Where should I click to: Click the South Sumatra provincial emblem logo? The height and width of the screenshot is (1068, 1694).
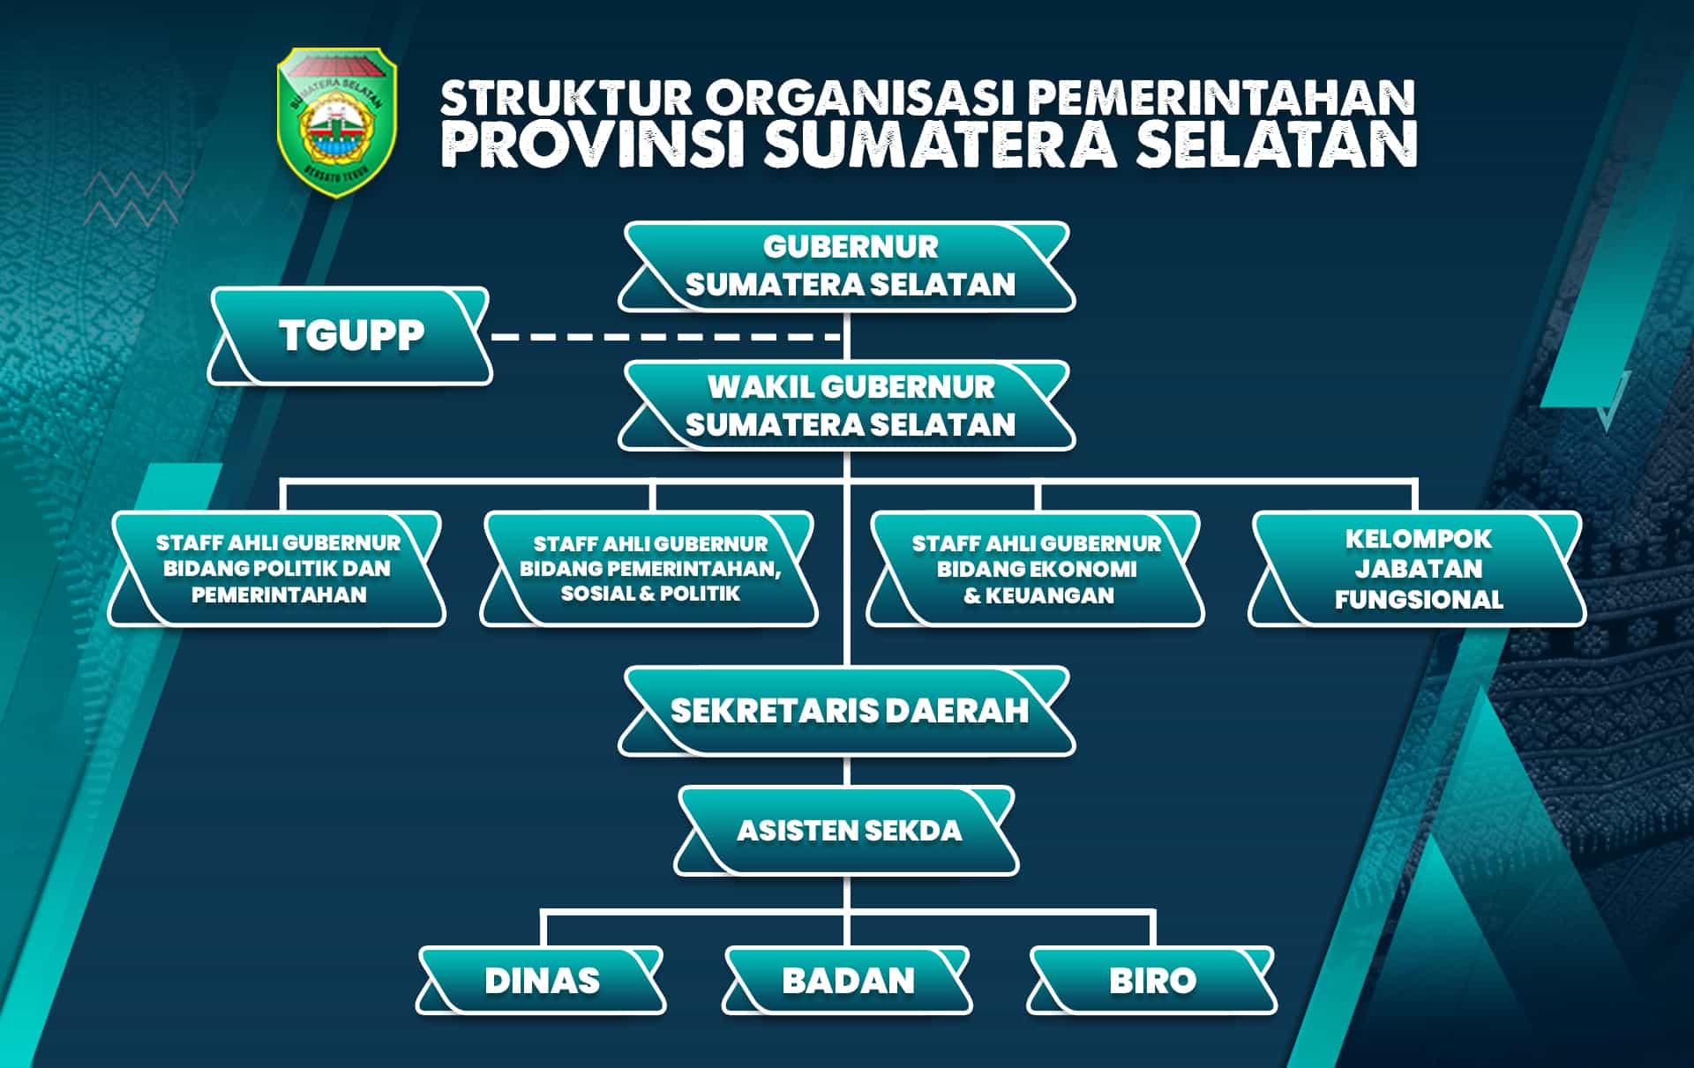click(337, 122)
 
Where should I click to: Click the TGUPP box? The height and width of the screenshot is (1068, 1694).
click(349, 336)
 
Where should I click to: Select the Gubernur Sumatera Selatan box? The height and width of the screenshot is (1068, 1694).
click(847, 266)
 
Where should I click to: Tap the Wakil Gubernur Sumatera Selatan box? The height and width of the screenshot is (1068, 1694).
click(847, 406)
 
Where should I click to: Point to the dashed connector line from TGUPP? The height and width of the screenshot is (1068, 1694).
click(666, 337)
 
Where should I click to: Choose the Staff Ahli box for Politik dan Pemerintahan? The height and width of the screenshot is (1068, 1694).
click(277, 569)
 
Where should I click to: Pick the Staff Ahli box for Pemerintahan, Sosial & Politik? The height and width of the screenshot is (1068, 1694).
click(649, 569)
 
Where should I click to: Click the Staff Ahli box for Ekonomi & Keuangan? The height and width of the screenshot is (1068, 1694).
click(1036, 569)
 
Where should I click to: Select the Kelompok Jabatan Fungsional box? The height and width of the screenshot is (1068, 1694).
click(1417, 569)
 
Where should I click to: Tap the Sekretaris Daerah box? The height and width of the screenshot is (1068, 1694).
click(847, 711)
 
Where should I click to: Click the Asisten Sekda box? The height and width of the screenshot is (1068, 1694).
click(847, 831)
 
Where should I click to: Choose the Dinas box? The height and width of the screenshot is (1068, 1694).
click(541, 981)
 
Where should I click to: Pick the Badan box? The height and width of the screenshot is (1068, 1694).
click(847, 981)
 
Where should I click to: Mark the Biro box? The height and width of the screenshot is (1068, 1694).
click(1152, 981)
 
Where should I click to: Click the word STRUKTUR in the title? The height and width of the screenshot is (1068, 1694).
click(566, 98)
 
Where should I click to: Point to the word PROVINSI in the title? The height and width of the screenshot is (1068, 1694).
click(594, 145)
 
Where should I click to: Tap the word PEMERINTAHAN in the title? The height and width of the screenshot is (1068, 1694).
click(1221, 98)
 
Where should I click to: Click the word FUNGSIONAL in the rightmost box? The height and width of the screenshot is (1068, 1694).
click(1419, 600)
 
